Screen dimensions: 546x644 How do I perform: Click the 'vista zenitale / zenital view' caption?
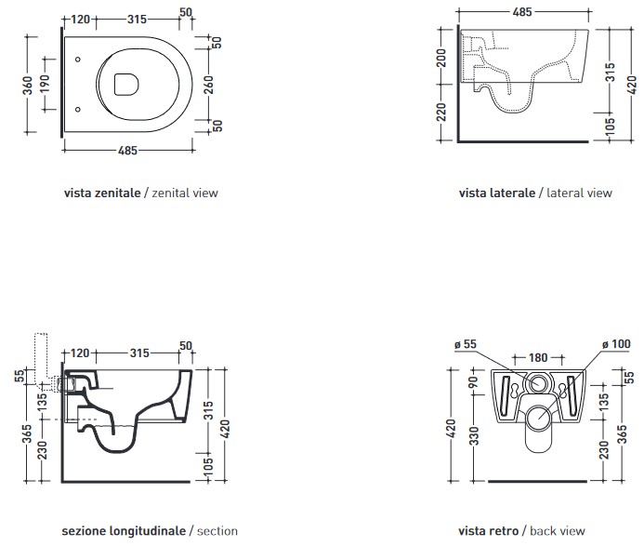141,193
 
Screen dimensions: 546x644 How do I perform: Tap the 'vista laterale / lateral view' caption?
535,193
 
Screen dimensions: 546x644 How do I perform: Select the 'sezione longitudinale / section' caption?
150,531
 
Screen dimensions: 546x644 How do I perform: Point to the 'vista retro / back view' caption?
521,531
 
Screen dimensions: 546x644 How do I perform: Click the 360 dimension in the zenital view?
29,87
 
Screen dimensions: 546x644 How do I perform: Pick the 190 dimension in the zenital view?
44,87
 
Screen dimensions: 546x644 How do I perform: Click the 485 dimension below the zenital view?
127,150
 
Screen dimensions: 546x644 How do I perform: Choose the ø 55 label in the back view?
465,345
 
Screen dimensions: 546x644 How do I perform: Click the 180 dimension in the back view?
538,357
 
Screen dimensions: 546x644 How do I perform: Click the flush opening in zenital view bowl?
123,86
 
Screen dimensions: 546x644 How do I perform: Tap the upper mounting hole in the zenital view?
77,60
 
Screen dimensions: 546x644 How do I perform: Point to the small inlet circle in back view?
537,383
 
